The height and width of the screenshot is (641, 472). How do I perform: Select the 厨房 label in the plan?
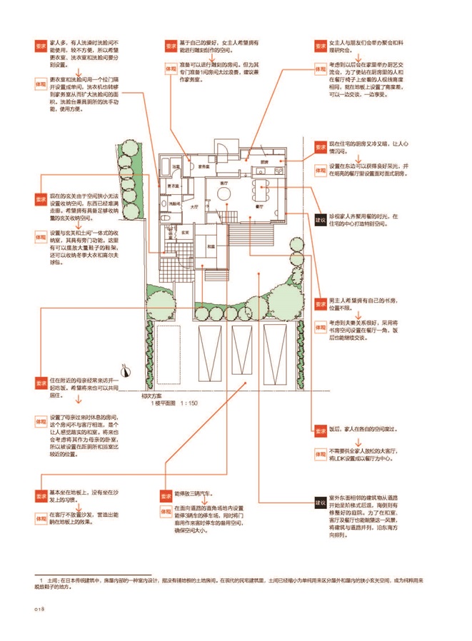263,162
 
